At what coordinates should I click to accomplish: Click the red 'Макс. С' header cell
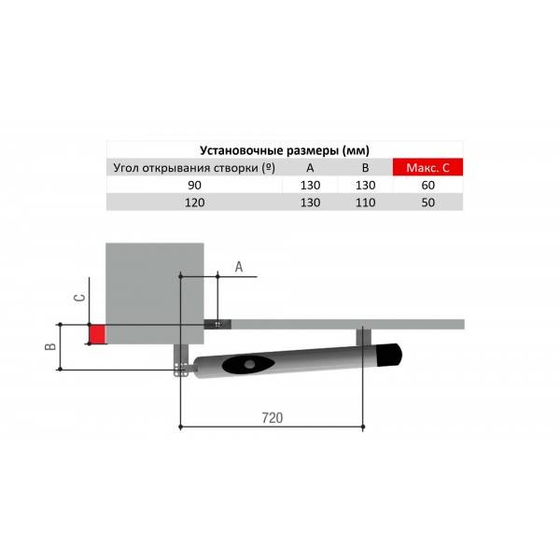[x=427, y=167]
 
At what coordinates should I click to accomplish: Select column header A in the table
[x=310, y=167]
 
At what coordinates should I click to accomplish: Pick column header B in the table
[x=365, y=167]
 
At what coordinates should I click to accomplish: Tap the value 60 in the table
[x=427, y=185]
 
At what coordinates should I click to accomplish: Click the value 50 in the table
[x=427, y=203]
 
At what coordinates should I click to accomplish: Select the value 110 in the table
[x=365, y=203]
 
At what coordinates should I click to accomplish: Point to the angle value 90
[x=195, y=185]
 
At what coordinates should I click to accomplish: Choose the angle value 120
[x=195, y=203]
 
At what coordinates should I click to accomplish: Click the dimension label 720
[x=273, y=417]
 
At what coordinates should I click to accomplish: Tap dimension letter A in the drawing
[x=239, y=267]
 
